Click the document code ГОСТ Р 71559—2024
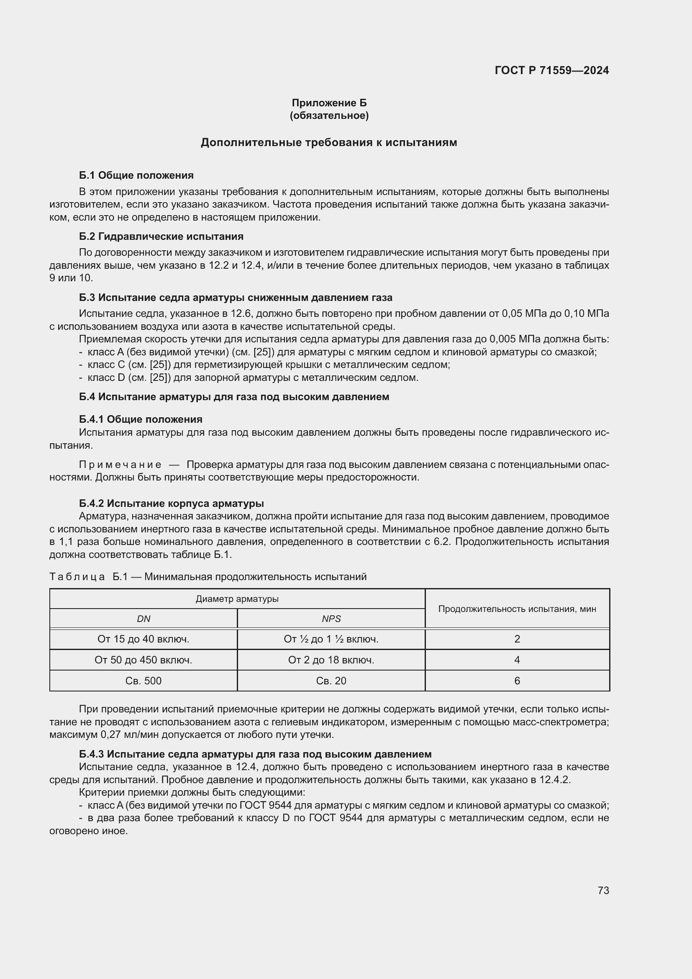click(x=552, y=70)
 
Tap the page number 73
click(x=603, y=891)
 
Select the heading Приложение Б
click(x=329, y=103)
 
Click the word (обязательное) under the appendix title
click(x=329, y=116)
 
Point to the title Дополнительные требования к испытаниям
click(x=328, y=142)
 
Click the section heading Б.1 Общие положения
click(x=136, y=175)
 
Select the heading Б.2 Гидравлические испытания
click(x=161, y=236)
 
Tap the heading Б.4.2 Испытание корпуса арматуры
click(x=171, y=503)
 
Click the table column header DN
click(x=144, y=619)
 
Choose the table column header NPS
click(x=331, y=619)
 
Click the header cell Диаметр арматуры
click(x=237, y=599)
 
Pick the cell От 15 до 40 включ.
click(x=144, y=639)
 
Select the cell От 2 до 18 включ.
click(x=331, y=660)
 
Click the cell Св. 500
click(x=144, y=681)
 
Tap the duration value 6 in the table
click(x=517, y=681)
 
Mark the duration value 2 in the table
click(x=517, y=639)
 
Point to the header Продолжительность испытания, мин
click(x=517, y=609)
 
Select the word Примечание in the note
click(x=120, y=464)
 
